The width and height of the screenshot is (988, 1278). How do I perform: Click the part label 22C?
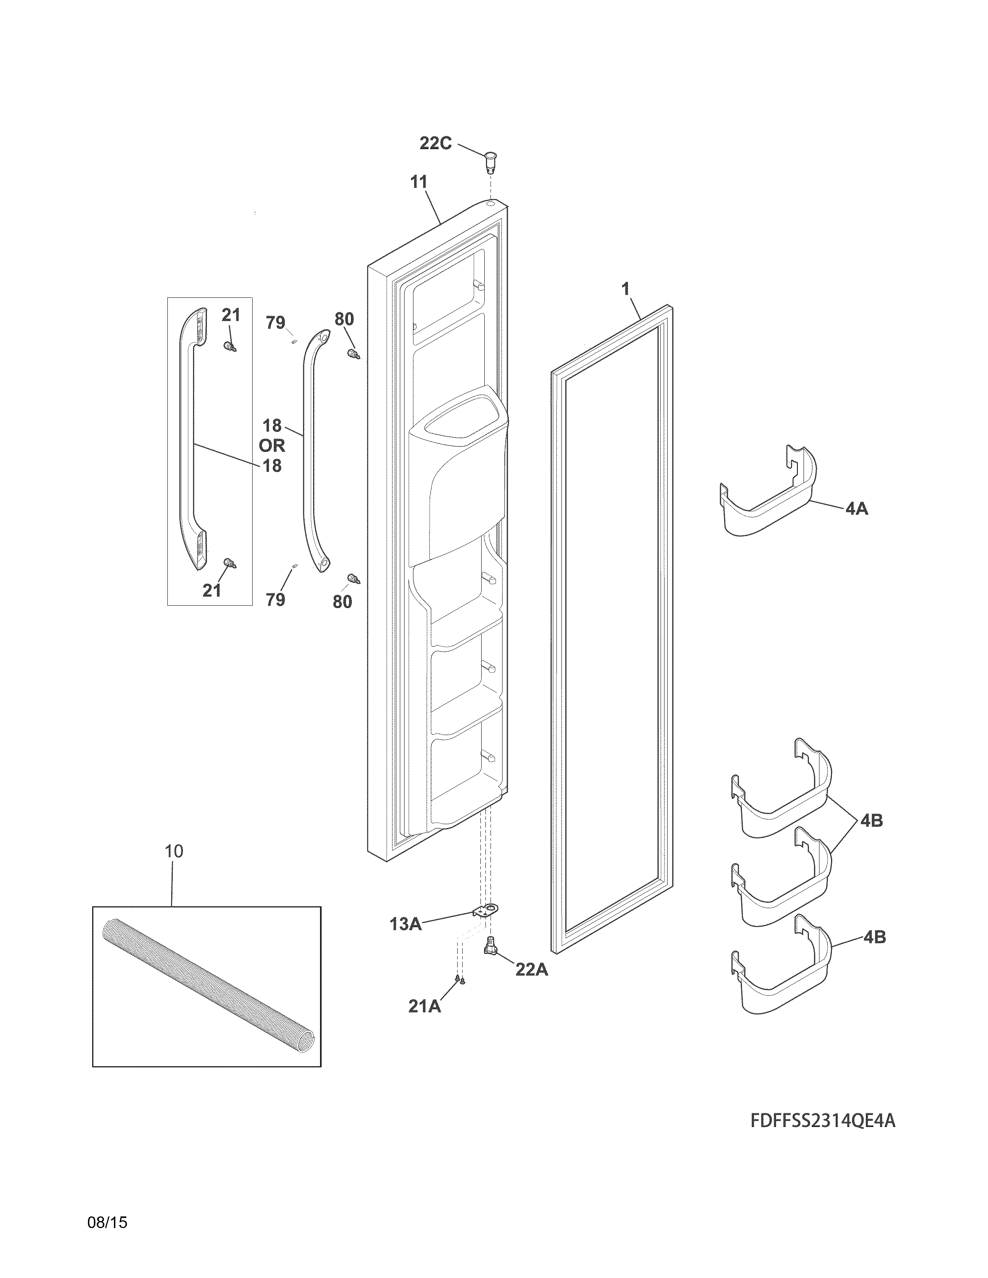[435, 143]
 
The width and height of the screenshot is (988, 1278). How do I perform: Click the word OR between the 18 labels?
[272, 445]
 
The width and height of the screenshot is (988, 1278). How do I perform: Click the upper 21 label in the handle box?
[231, 315]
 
